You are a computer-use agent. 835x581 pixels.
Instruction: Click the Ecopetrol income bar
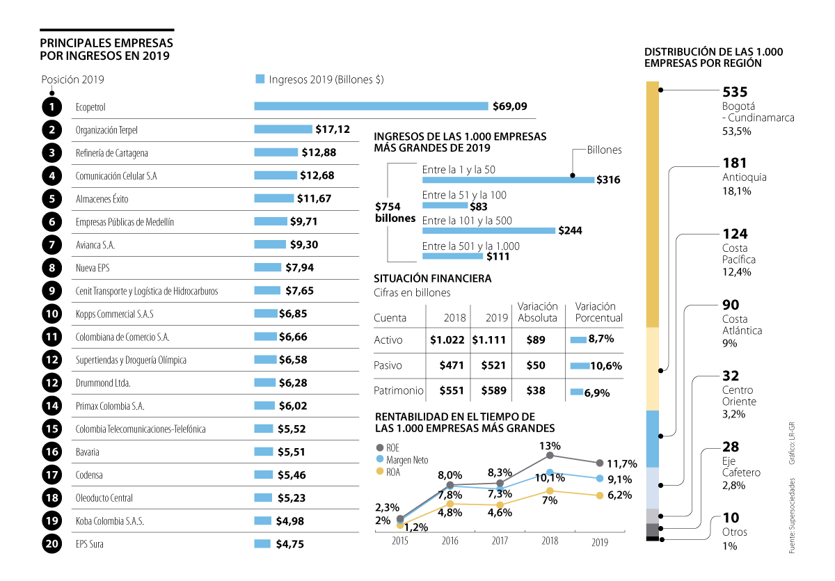[x=371, y=106]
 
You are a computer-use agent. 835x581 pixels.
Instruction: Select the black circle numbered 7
[x=51, y=245]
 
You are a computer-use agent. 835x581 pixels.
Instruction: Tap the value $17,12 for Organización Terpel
[x=332, y=129]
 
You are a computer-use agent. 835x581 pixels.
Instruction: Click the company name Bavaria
[x=87, y=452]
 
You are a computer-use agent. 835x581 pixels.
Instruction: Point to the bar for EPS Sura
[x=262, y=543]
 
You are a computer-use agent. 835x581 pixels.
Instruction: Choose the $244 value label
[x=570, y=230]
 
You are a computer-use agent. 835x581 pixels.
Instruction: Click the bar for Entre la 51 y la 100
[x=445, y=205]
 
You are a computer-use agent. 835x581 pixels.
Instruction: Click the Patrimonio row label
[x=399, y=391]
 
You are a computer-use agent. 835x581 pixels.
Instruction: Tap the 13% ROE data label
[x=550, y=445]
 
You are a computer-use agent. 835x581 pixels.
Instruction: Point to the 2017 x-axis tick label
[x=500, y=540]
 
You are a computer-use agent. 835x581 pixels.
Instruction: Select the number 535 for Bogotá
[x=735, y=92]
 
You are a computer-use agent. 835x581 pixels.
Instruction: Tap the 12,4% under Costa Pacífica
[x=737, y=272]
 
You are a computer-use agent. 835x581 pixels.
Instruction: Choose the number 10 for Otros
[x=731, y=518]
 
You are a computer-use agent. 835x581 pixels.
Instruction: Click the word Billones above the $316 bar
[x=604, y=150]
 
